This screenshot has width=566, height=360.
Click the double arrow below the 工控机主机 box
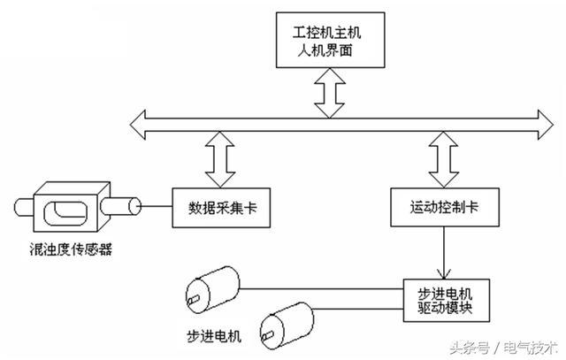[331, 94]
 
